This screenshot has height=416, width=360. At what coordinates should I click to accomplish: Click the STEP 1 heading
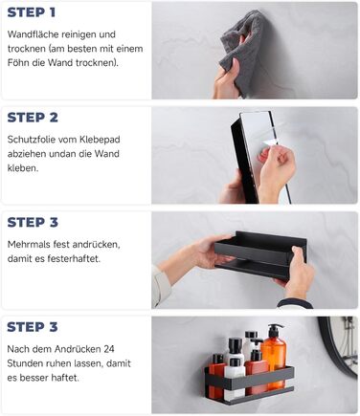click(x=32, y=12)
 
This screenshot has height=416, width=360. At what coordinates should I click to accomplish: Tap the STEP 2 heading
click(x=33, y=118)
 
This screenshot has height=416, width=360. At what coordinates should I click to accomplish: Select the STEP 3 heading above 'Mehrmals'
click(x=33, y=222)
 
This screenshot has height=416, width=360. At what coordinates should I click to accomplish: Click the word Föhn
click(x=18, y=62)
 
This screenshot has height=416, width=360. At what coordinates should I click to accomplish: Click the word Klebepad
click(x=100, y=140)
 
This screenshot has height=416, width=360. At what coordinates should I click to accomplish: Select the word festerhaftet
click(x=74, y=258)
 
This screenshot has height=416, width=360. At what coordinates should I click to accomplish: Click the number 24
click(x=109, y=349)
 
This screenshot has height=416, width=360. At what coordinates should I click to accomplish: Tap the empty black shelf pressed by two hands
click(x=260, y=255)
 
